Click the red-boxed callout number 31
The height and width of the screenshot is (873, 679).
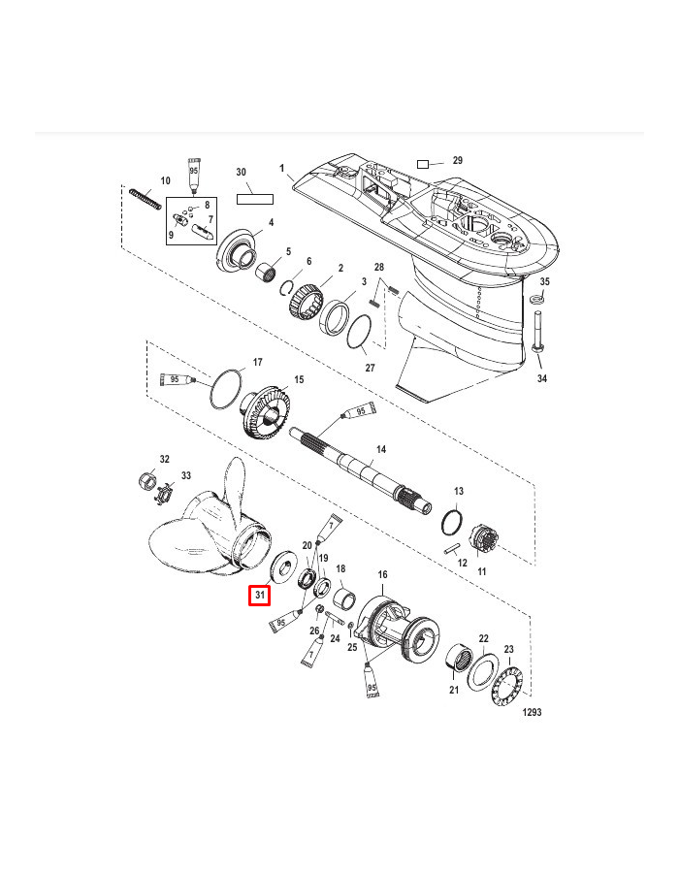(259, 596)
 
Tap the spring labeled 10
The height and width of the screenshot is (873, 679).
(145, 199)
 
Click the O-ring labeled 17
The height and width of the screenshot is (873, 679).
(227, 389)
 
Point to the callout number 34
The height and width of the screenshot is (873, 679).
(541, 378)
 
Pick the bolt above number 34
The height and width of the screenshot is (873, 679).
(538, 332)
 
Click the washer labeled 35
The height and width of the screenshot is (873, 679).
(537, 299)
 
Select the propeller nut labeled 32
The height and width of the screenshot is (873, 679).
(146, 480)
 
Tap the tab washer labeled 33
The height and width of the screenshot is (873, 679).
(164, 494)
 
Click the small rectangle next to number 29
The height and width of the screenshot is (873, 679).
(423, 164)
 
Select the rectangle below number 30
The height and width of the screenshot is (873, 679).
(255, 199)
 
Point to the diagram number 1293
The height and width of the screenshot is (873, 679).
(533, 712)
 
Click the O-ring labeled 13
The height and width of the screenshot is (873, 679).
(452, 522)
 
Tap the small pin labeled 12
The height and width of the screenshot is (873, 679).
(452, 548)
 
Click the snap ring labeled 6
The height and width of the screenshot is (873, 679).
(287, 287)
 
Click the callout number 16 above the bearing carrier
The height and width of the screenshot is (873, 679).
(382, 574)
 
